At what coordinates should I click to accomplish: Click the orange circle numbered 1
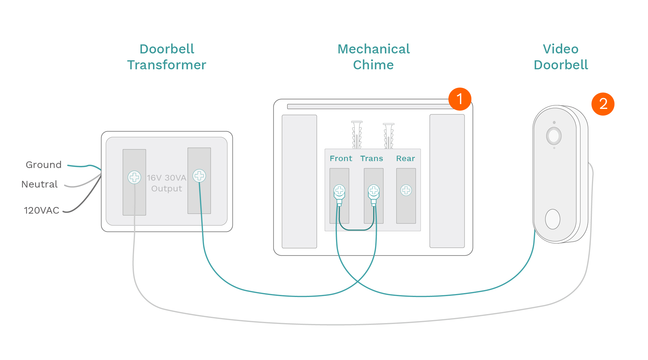[460, 99]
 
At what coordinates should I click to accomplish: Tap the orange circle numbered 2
[603, 104]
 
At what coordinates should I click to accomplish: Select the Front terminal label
[341, 158]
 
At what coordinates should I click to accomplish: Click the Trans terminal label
[372, 158]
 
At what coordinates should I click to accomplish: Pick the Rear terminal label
[406, 158]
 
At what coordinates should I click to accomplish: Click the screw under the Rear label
[406, 190]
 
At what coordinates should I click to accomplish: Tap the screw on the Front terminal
[339, 190]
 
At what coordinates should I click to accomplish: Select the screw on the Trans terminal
[373, 190]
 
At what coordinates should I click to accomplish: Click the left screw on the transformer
[134, 177]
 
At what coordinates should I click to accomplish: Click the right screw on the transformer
[199, 176]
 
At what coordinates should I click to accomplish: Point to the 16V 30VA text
[166, 178]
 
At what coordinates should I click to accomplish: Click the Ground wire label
[43, 165]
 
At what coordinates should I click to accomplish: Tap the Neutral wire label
[39, 184]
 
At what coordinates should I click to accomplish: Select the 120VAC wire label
[41, 210]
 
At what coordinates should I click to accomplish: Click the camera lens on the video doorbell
[553, 136]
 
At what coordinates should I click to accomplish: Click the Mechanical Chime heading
[373, 57]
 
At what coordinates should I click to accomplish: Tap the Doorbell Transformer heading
[167, 57]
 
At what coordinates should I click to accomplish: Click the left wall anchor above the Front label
[357, 135]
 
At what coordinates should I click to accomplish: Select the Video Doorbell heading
[561, 57]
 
